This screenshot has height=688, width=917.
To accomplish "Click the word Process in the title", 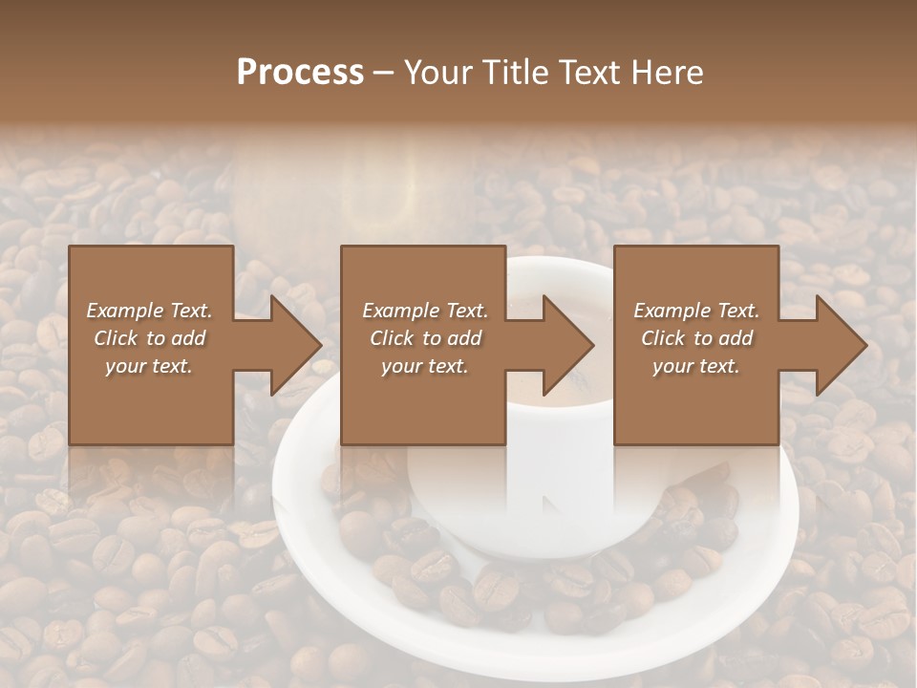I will point(300,73).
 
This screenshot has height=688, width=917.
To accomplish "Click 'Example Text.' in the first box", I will point(150,311).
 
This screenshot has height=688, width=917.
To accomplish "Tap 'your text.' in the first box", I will point(150,366).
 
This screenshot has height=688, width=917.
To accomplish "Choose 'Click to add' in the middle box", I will point(425,338).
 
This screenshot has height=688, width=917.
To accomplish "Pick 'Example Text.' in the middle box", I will point(425,311).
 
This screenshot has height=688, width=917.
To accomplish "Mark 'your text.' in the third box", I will point(696,366).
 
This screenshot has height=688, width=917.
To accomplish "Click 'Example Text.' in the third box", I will point(696,311).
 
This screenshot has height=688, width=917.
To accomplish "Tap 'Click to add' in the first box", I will point(150,338).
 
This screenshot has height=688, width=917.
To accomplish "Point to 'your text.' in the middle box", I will point(425,366).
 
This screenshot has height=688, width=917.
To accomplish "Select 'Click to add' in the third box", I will point(696,338).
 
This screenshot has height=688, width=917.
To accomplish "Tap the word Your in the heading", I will point(437,73).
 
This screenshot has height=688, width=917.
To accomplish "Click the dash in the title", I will point(384,73).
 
